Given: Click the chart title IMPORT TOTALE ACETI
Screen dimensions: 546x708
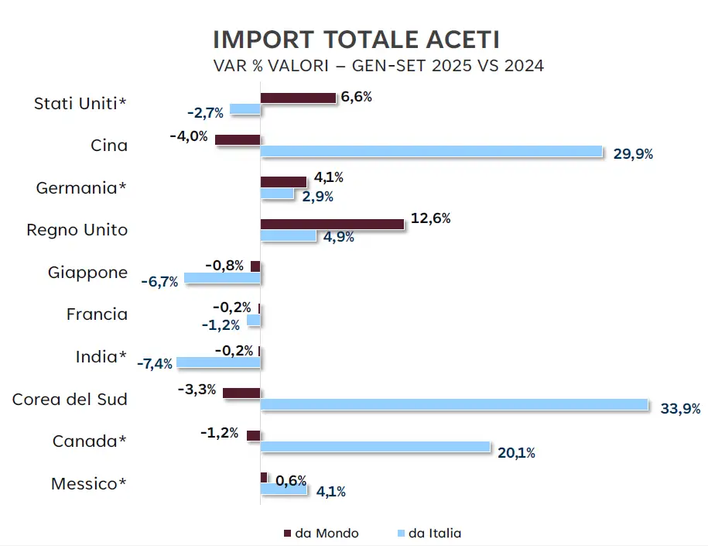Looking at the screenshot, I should (x=355, y=39).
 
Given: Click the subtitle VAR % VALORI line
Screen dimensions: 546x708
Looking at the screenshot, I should (x=378, y=66).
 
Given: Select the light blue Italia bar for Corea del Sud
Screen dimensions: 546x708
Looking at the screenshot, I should (x=454, y=404).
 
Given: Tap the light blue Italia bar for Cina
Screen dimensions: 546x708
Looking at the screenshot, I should (x=431, y=151).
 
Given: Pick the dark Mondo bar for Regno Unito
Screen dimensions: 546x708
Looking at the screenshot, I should (x=332, y=223).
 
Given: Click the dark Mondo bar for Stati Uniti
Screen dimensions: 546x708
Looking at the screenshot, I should (x=298, y=98).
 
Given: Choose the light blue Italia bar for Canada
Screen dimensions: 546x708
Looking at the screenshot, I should (x=375, y=447).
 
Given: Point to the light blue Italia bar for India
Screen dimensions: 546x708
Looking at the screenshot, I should (x=219, y=362).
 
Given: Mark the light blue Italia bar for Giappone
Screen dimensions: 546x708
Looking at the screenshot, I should (x=222, y=277).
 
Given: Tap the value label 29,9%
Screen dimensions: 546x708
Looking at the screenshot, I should (x=633, y=154).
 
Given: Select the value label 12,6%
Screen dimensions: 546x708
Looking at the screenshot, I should (x=431, y=219).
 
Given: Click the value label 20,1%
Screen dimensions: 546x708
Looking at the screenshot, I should (x=516, y=453).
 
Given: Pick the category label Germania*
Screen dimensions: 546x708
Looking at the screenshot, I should (x=82, y=188).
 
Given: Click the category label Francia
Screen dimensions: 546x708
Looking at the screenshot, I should (x=97, y=314).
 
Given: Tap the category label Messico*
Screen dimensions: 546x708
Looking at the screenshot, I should (x=89, y=484).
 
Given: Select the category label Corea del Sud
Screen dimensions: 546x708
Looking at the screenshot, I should (x=70, y=400).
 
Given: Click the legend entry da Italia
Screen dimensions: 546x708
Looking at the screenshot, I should (x=433, y=533).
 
